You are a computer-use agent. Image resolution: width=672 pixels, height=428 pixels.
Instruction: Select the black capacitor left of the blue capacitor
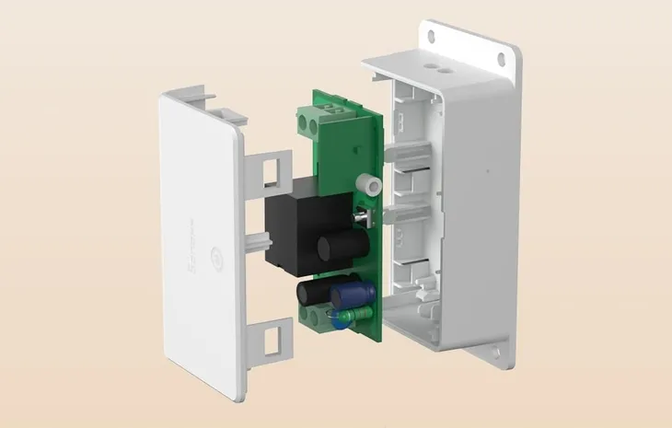click(x=308, y=295)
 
